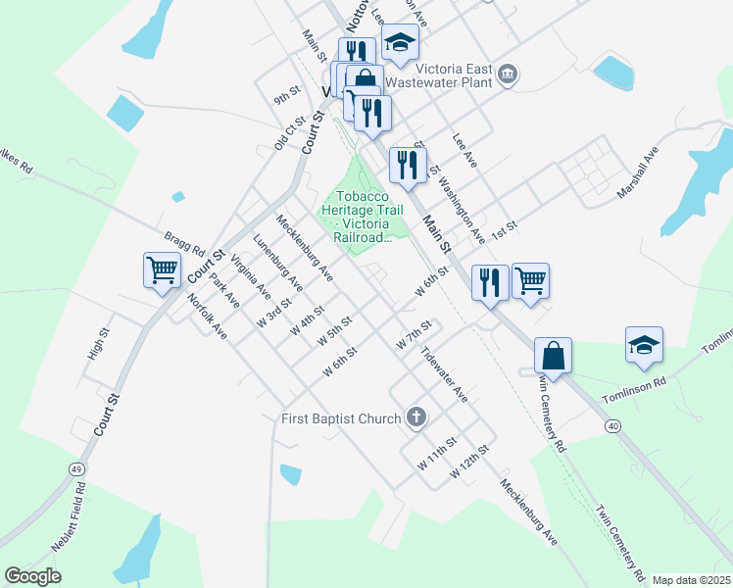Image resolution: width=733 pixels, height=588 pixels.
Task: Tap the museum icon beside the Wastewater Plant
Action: (x=508, y=73)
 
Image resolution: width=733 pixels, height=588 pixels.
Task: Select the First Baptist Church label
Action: (x=340, y=418)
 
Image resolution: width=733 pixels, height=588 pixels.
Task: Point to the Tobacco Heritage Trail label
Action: (x=362, y=216)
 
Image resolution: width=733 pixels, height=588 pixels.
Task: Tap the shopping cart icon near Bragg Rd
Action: (x=162, y=269)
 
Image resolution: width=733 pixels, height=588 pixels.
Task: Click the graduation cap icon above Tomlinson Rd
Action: (x=644, y=345)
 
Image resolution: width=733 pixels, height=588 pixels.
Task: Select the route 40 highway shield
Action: (x=612, y=425)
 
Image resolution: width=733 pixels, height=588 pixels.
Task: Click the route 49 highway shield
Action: (x=75, y=470)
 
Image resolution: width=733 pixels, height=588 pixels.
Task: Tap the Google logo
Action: (x=32, y=575)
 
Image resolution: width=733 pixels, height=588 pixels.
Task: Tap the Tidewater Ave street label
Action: (x=444, y=374)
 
